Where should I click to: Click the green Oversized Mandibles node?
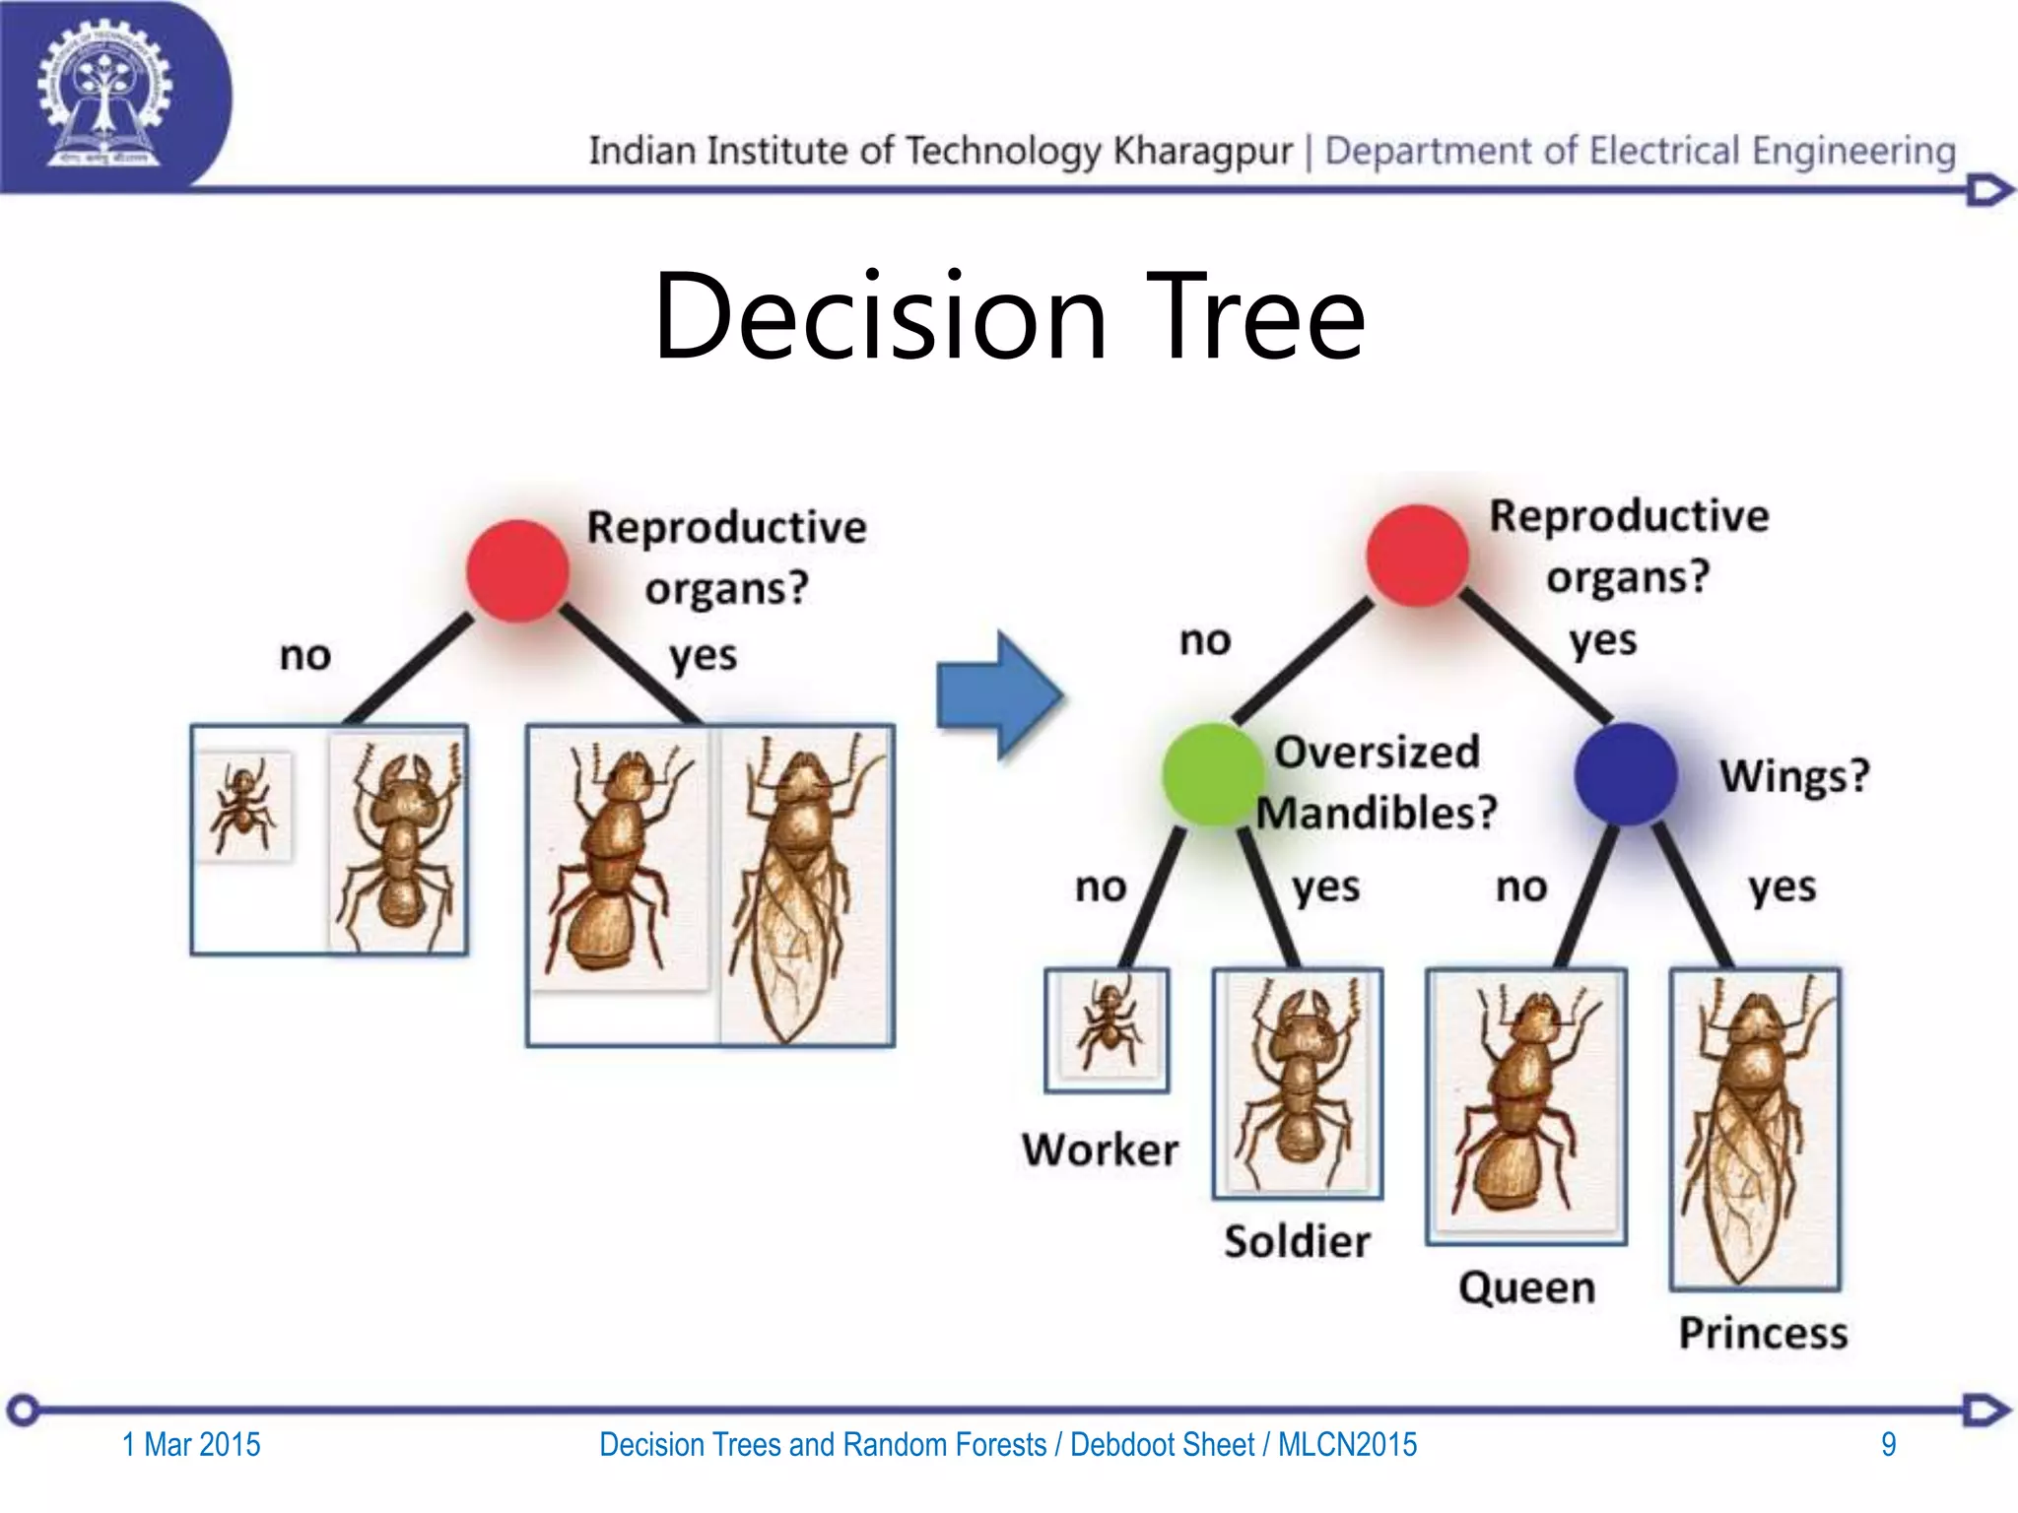tap(1211, 774)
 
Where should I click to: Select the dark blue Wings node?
tap(1625, 774)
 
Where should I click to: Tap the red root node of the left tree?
tap(517, 571)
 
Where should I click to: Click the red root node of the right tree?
tap(1418, 556)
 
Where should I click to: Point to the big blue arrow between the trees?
tap(998, 695)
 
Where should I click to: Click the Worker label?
tap(1100, 1150)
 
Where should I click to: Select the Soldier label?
tap(1297, 1241)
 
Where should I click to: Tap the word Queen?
tap(1526, 1287)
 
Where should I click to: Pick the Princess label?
tap(1763, 1333)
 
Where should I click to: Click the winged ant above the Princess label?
tap(1755, 1130)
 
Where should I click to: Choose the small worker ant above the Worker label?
tap(1108, 1030)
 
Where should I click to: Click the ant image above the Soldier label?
tap(1297, 1084)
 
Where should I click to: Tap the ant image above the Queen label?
tap(1525, 1105)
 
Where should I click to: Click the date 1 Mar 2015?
tap(191, 1444)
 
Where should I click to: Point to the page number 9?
tap(1888, 1444)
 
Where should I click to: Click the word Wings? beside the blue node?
tap(1794, 776)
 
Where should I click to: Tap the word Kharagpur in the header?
tap(1202, 152)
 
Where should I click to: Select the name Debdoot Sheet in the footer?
tap(1162, 1444)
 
